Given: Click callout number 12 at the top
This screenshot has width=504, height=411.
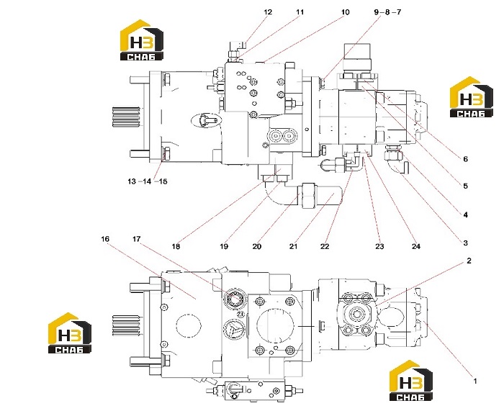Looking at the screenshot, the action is [x=268, y=12].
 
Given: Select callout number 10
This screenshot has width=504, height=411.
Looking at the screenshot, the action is [x=345, y=12].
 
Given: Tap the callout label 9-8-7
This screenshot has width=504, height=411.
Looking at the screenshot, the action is [x=387, y=12].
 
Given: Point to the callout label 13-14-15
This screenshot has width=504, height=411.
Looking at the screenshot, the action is [x=148, y=181].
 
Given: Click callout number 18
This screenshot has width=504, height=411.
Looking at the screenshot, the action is [x=176, y=246].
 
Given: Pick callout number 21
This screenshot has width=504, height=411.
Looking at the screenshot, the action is [x=293, y=246].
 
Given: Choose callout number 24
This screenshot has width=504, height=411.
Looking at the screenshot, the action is [x=416, y=246].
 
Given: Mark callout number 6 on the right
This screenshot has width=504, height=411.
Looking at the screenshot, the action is [x=465, y=159].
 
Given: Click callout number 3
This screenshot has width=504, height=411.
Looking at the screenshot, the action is [x=465, y=243].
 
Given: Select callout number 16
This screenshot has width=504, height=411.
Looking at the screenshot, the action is [x=105, y=239].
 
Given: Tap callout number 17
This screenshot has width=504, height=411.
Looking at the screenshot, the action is [x=137, y=239].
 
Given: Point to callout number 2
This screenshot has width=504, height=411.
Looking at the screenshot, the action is [x=469, y=261].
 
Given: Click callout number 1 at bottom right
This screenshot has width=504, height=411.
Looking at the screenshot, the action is [x=474, y=381].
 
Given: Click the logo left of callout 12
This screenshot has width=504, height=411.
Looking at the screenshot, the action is [x=142, y=40].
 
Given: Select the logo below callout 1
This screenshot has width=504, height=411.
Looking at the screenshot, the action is [x=411, y=380].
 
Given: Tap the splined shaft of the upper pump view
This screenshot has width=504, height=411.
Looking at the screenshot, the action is [x=126, y=117].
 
